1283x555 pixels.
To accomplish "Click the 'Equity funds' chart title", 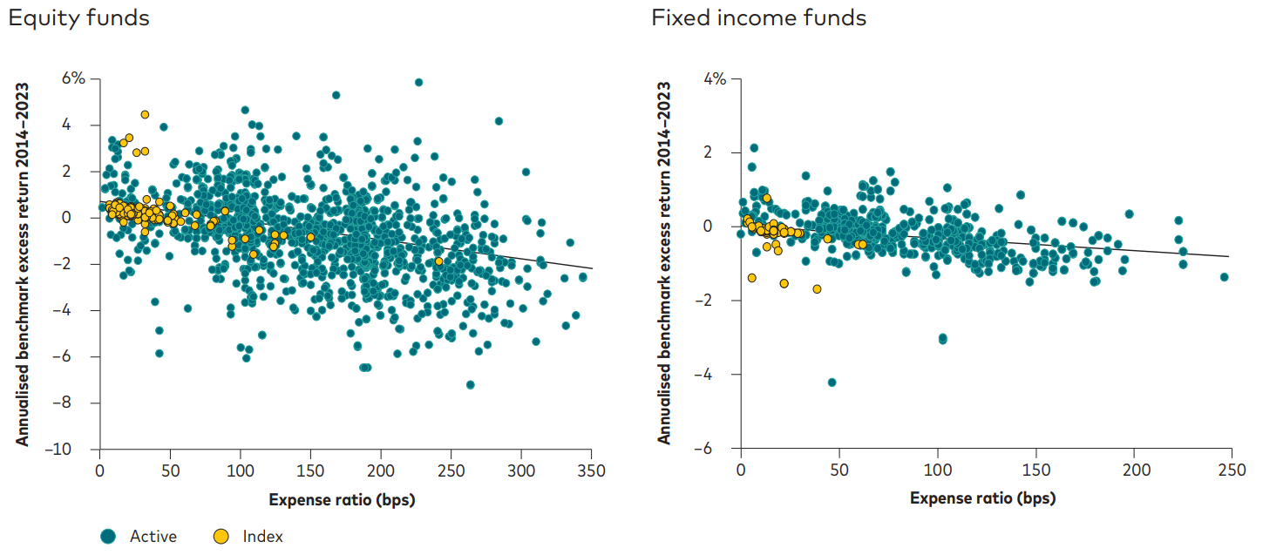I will [79, 17].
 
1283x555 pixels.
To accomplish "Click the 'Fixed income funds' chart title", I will [758, 17].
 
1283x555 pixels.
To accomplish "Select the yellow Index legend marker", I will [221, 537].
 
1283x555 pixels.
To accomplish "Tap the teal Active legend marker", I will [108, 537].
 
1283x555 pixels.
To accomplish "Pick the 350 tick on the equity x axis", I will [591, 470].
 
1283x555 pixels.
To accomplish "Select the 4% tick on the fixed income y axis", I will [715, 78].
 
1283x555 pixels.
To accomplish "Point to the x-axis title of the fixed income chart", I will [982, 499].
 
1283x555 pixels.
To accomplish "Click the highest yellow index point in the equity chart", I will [145, 114].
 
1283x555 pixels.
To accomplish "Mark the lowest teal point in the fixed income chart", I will [832, 382].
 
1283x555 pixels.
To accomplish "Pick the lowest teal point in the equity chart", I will [470, 384].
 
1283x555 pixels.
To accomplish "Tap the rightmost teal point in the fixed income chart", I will [1224, 277].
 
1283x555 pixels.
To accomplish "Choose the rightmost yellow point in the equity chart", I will [438, 261].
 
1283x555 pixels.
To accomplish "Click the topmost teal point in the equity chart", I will [418, 82].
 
